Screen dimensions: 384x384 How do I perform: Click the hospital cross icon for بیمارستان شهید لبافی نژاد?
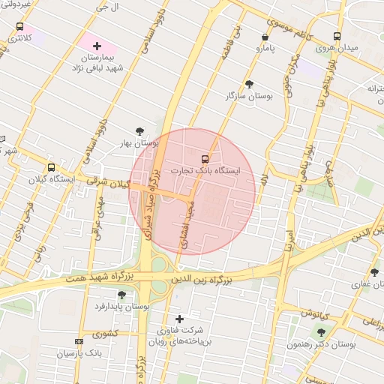tap(97, 46)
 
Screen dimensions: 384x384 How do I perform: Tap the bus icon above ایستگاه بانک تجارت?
tap(205, 159)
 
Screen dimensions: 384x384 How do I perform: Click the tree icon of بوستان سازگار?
tap(249, 85)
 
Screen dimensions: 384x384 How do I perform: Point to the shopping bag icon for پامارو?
tap(265, 37)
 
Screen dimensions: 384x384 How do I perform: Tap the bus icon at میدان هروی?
tap(337, 36)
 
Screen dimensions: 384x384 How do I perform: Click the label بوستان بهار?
tap(140, 142)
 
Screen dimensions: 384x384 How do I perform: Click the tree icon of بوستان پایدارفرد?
tap(122, 295)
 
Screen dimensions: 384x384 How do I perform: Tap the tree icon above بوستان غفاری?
tap(374, 272)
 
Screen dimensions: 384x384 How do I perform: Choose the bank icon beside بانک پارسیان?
tap(79, 341)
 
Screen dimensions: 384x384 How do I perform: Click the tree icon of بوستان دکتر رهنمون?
tap(322, 331)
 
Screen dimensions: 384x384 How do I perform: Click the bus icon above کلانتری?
tap(19, 26)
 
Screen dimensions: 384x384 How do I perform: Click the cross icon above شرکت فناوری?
tap(179, 319)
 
